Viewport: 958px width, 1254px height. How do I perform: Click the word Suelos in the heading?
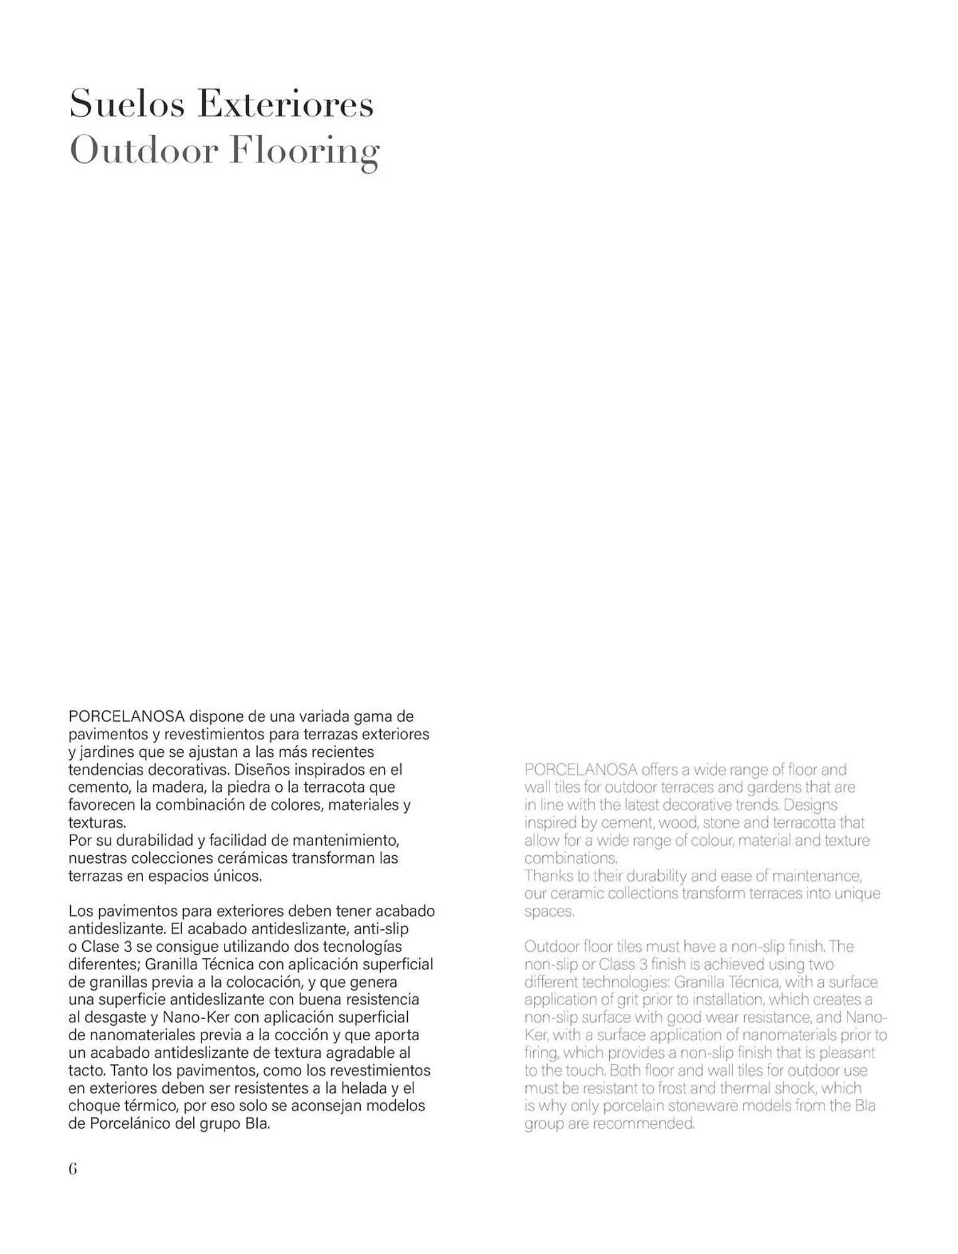127,103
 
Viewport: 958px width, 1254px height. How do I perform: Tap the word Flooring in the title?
304,151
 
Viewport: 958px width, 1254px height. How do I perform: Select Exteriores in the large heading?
285,103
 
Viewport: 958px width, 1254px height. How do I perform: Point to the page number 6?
73,1169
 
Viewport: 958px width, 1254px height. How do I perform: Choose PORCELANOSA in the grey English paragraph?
581,769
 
